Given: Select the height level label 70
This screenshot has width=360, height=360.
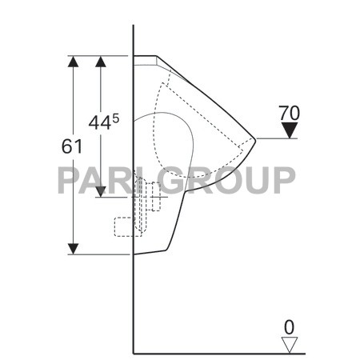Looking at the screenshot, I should tap(290, 112).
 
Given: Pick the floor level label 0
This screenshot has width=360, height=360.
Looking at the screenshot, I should tap(289, 326).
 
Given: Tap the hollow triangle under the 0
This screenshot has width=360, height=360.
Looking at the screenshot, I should tap(289, 344).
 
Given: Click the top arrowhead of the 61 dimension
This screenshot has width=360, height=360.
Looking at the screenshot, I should tap(73, 62).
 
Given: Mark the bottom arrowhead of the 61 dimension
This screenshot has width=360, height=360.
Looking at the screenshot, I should tap(73, 248).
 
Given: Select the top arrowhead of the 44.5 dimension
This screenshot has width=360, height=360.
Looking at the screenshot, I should tap(101, 62).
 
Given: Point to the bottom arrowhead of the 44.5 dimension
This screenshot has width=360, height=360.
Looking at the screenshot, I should tap(101, 190).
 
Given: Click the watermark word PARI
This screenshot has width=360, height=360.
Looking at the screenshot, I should tap(92, 180).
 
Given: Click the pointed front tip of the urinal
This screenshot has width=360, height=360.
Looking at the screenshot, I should tap(255, 138).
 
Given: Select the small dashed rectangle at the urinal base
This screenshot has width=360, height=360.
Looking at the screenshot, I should tap(125, 226).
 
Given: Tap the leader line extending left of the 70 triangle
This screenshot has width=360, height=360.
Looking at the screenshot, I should tap(276, 138).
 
